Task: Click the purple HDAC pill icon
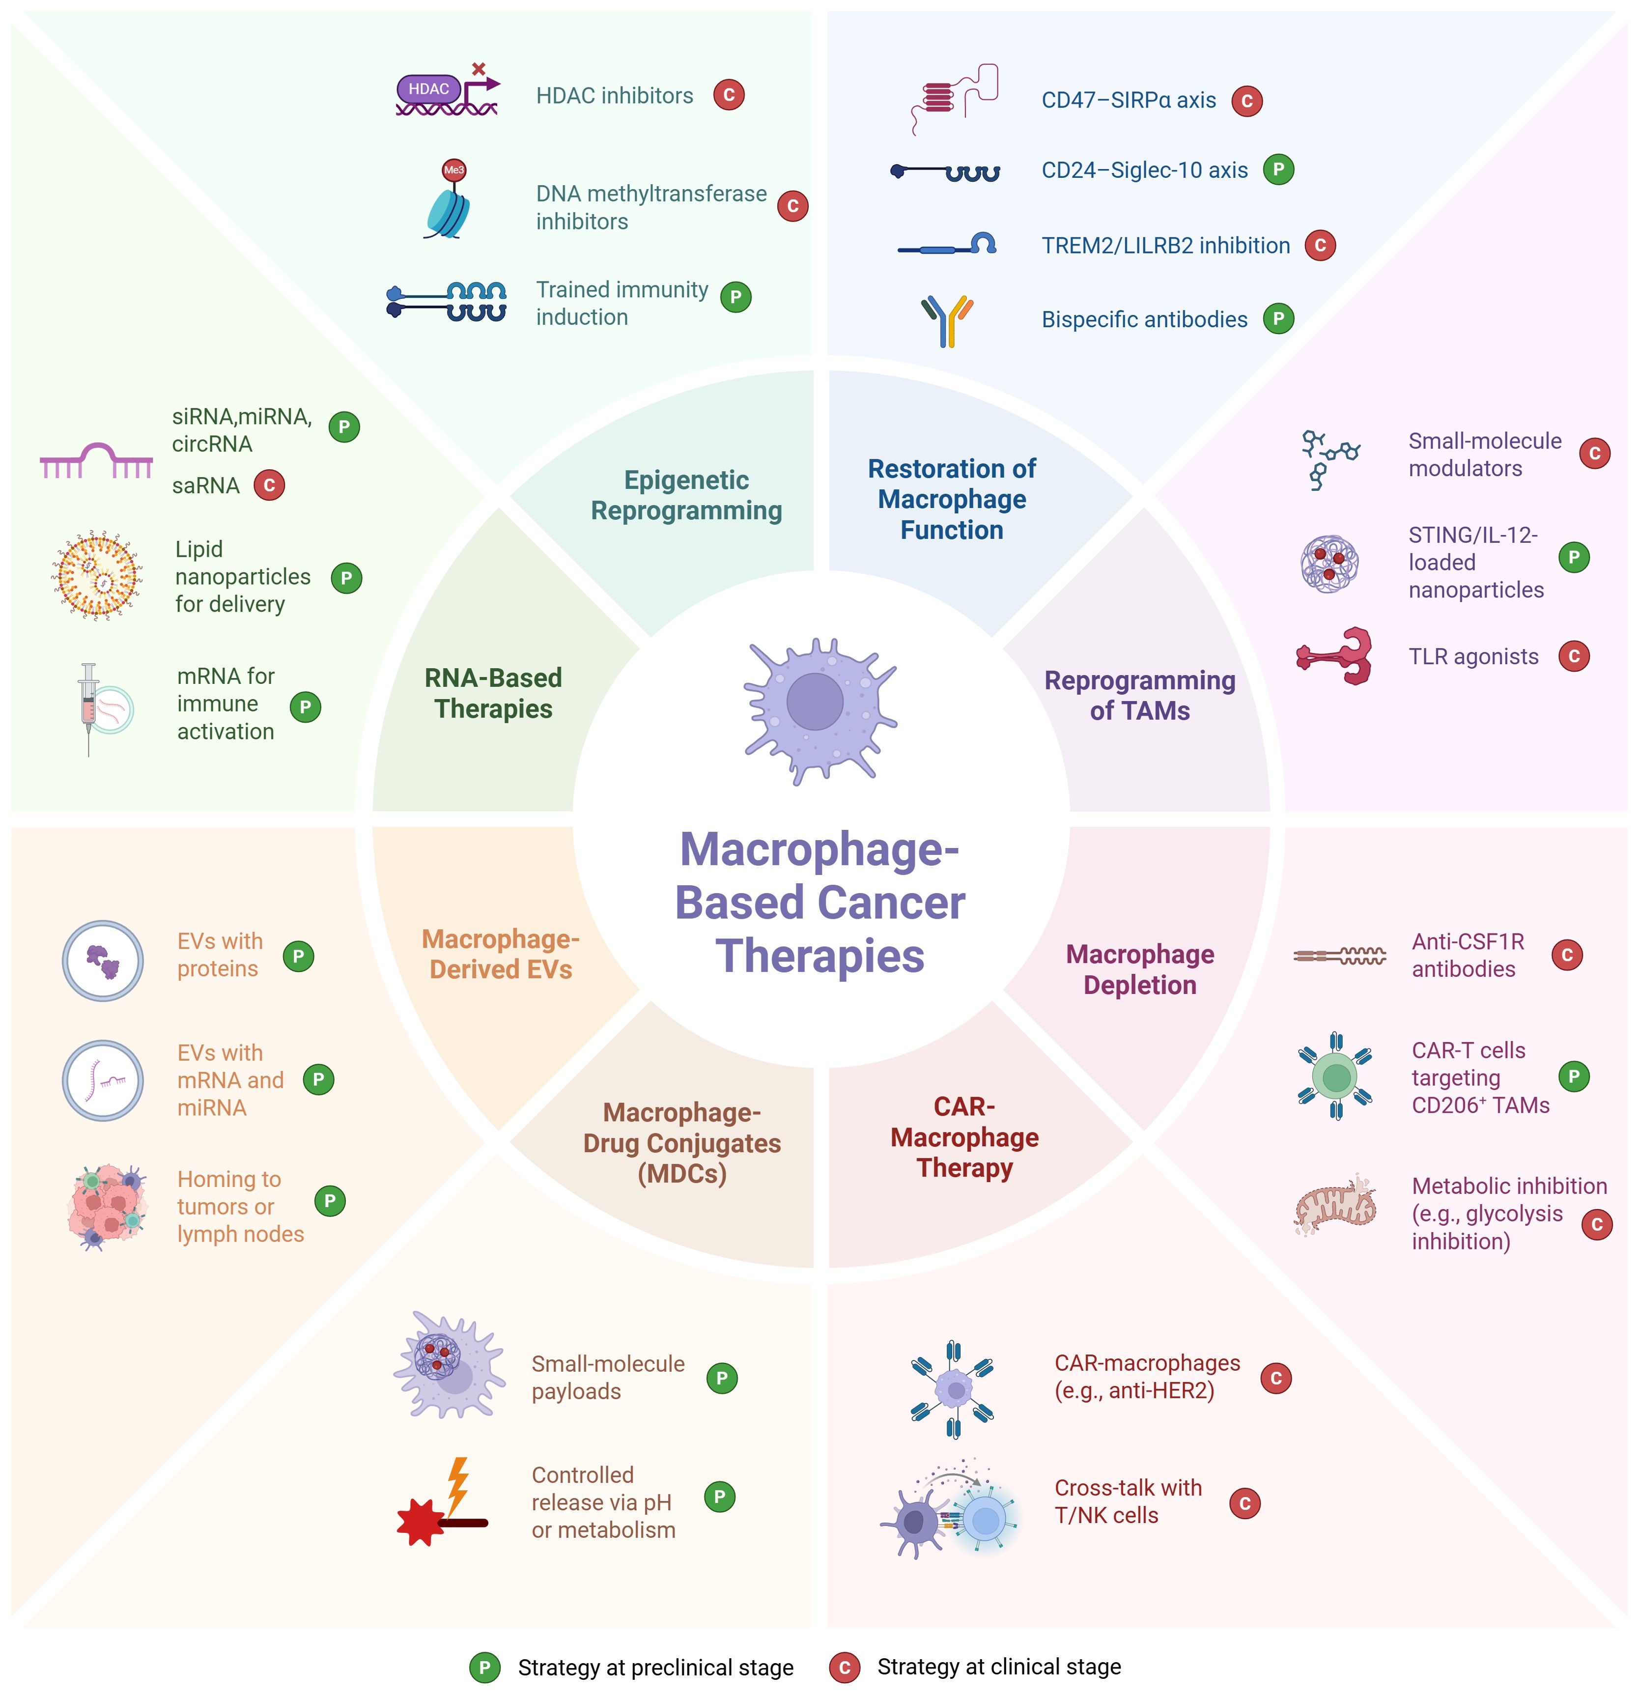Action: [428, 89]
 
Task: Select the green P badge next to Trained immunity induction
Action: [735, 297]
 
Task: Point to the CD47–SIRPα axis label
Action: [1129, 100]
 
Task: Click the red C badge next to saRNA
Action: [269, 485]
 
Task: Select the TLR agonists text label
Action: [1473, 657]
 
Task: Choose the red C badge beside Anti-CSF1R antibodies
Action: [1566, 955]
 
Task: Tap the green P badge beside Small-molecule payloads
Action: [722, 1378]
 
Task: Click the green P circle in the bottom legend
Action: [484, 1668]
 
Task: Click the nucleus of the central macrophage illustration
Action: [814, 701]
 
